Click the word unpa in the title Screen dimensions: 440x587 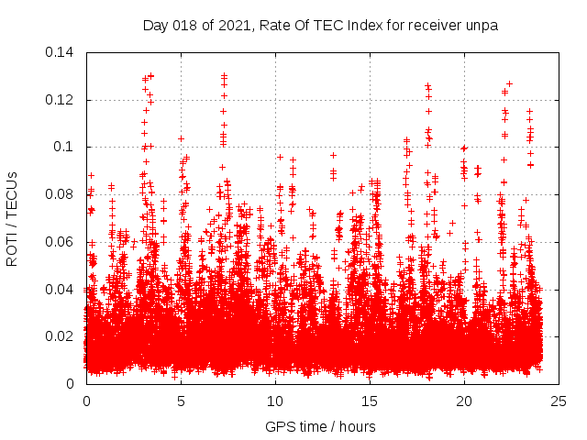[x=482, y=26]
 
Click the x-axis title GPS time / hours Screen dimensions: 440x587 [x=320, y=427]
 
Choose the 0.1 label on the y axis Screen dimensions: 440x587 [x=65, y=147]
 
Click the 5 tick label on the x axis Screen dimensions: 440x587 [x=181, y=401]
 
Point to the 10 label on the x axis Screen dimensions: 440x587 [x=275, y=401]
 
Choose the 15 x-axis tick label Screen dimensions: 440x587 [x=370, y=401]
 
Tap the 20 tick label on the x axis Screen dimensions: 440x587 [x=464, y=401]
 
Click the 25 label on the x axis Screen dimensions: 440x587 [x=559, y=401]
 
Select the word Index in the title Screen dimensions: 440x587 [x=367, y=26]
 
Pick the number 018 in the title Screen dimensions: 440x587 [x=184, y=26]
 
